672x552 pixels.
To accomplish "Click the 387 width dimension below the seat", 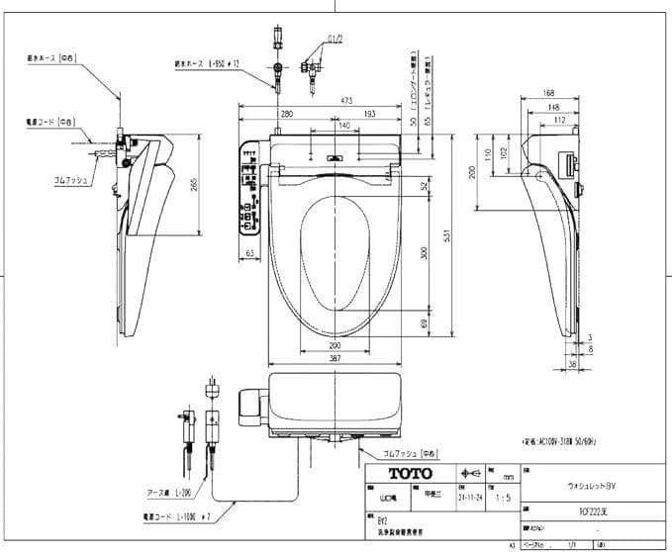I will click(337, 357).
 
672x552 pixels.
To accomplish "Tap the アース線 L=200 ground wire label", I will click(150, 492).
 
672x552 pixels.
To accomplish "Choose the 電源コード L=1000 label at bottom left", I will click(153, 516).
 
